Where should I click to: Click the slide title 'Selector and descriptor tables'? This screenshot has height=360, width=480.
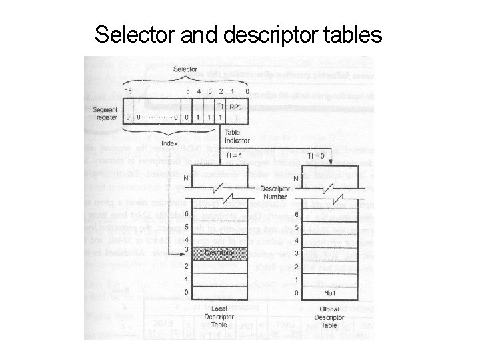239,34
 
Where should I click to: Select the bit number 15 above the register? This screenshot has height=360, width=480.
128,91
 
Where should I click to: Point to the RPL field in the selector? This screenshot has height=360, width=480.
235,106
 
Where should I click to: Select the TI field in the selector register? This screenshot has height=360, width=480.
221,106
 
